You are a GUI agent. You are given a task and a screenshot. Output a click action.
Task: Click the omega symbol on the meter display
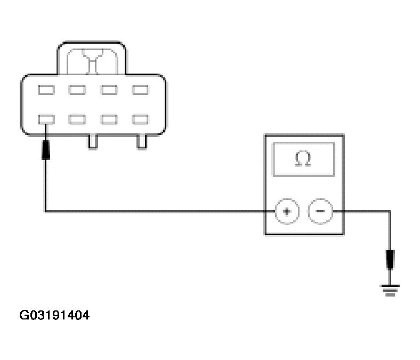[x=303, y=159]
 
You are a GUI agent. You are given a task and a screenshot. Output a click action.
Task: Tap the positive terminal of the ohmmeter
[x=287, y=211]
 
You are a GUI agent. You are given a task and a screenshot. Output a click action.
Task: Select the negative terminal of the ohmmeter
[x=320, y=211]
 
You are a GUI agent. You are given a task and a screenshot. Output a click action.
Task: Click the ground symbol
[x=390, y=290]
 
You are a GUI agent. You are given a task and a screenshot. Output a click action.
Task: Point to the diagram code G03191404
[x=54, y=315]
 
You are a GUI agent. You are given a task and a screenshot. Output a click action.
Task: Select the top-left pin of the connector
[x=46, y=90]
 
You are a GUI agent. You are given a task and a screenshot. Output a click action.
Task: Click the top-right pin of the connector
[x=140, y=90]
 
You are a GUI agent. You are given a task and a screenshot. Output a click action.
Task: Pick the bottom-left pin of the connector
[x=46, y=119]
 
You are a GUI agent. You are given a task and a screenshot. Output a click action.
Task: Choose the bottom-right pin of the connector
[x=140, y=119]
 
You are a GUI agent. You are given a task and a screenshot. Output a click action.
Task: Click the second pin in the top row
[x=77, y=90]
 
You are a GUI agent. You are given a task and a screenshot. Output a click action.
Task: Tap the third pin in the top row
[x=109, y=90]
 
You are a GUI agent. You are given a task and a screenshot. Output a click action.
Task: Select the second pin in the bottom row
[x=77, y=119]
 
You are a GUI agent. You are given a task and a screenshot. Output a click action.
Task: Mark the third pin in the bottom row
[x=109, y=119]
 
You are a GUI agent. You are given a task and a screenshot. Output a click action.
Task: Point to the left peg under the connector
[x=93, y=141]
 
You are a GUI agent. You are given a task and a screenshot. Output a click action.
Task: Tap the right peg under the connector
[x=142, y=141]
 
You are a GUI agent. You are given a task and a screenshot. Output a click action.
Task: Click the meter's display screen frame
[x=303, y=145]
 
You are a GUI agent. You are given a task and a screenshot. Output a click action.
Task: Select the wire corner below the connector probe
[x=46, y=211]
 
